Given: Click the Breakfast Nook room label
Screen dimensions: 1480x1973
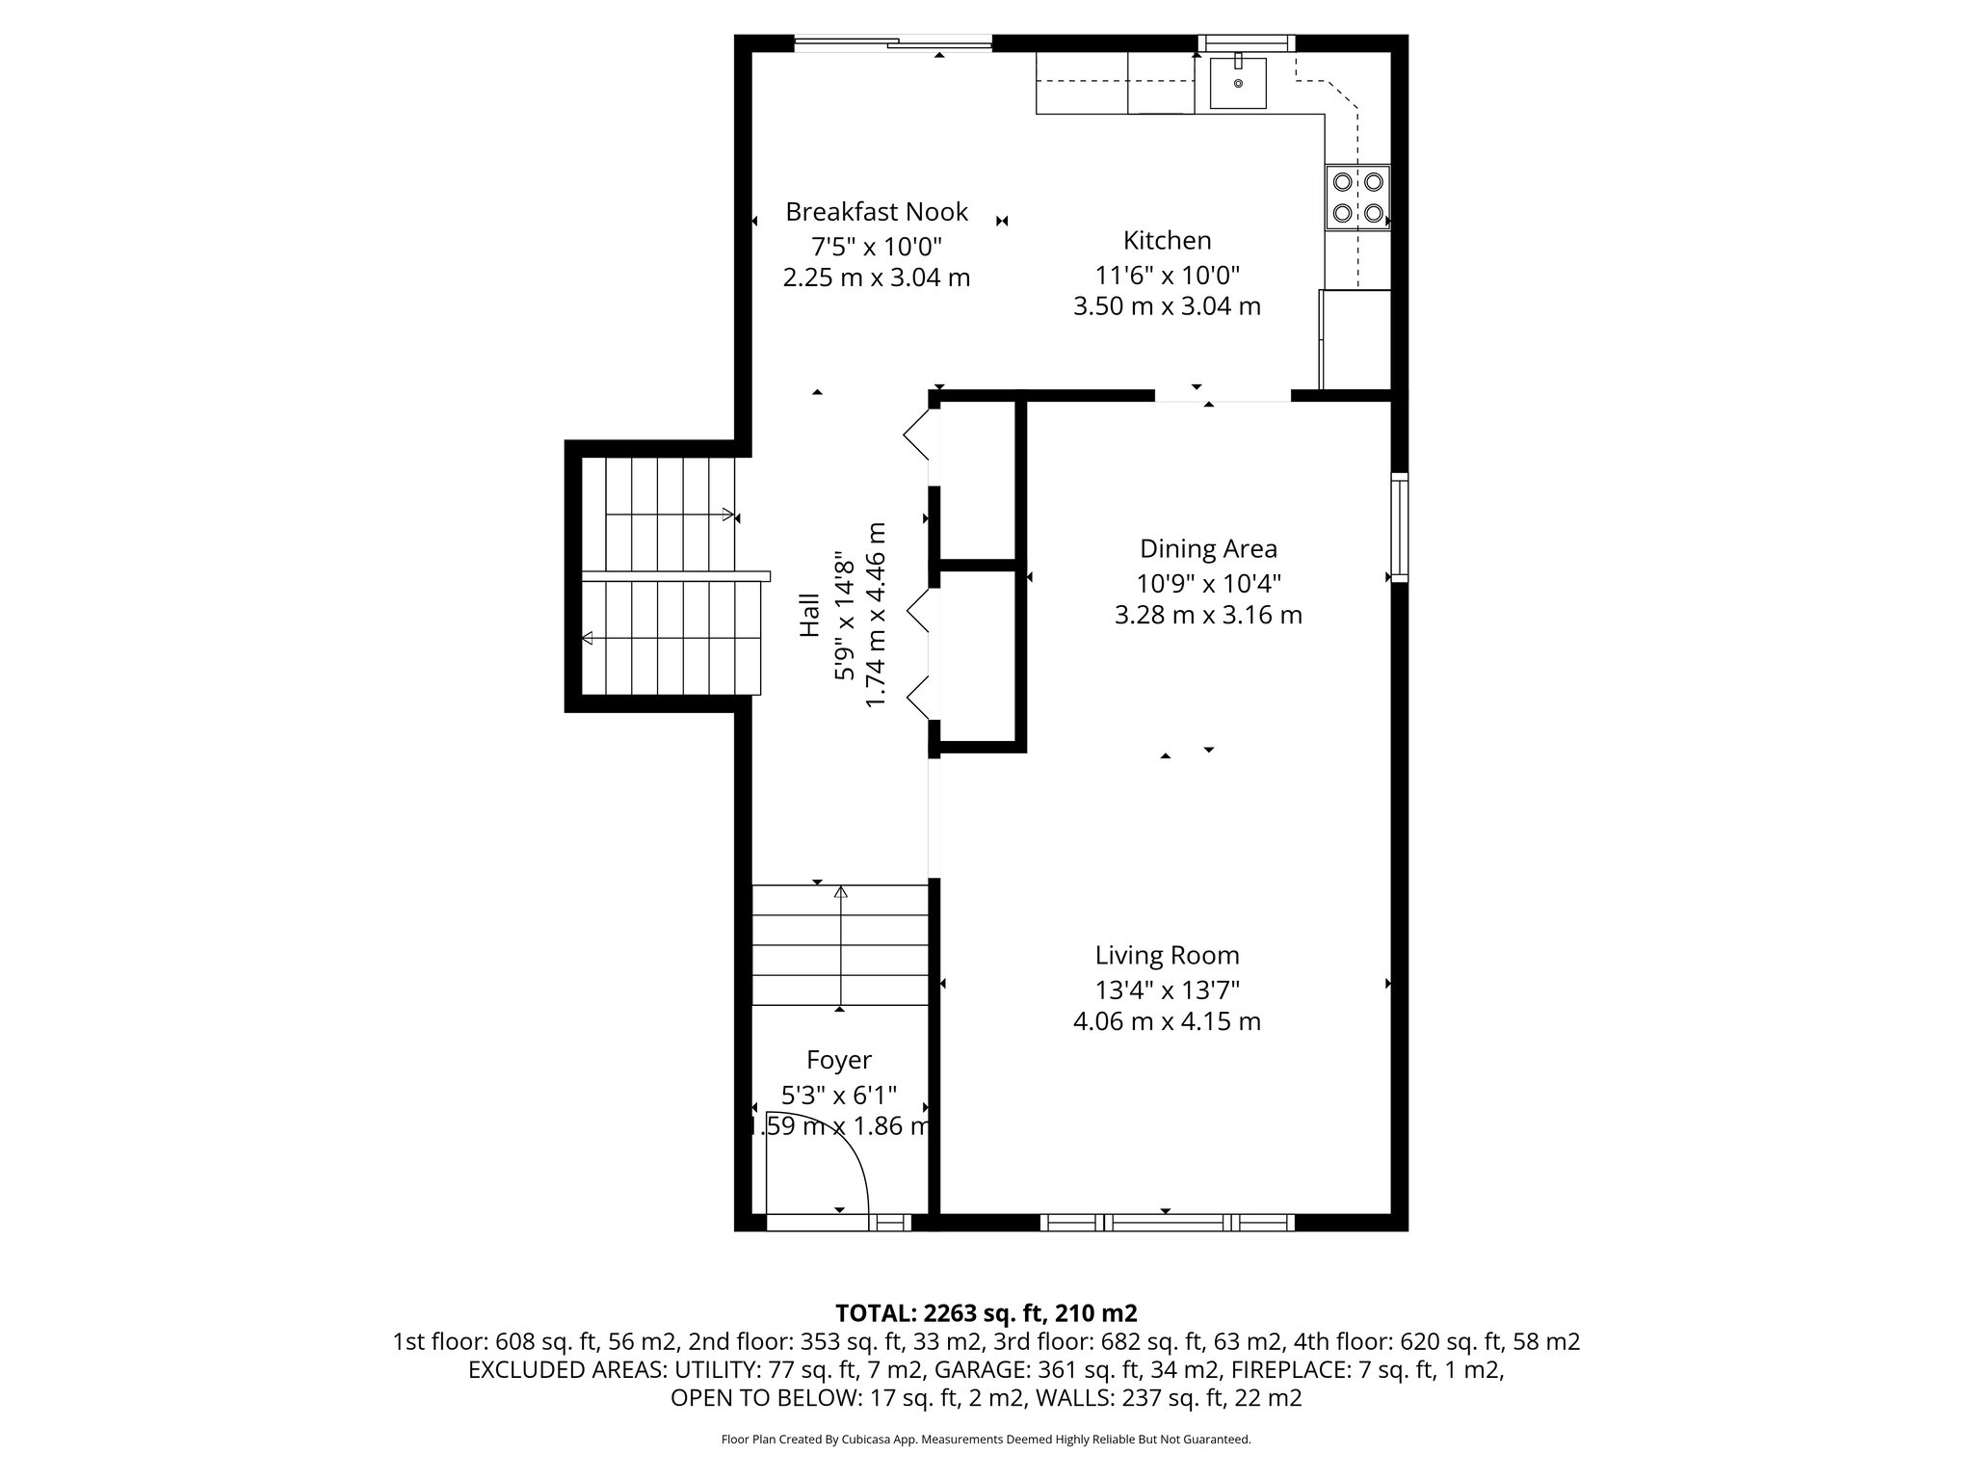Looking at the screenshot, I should (876, 212).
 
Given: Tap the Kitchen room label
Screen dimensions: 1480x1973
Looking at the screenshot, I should (1167, 241).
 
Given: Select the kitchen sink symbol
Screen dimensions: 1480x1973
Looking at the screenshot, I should (1237, 83).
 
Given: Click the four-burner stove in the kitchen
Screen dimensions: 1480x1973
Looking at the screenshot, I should (1357, 197).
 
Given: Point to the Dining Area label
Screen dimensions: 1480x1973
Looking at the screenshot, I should (1208, 549).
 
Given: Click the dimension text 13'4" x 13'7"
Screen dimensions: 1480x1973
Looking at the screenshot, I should (1167, 990).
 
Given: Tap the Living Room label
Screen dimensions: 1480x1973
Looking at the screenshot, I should (1167, 956).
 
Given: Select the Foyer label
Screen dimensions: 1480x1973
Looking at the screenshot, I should (839, 1060).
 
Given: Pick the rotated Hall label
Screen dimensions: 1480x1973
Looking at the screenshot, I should (810, 615).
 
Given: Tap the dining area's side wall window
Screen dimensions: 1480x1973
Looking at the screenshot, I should (1399, 527).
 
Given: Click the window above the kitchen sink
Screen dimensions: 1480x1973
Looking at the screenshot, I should (1246, 42).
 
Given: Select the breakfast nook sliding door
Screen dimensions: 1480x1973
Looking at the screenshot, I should (892, 42).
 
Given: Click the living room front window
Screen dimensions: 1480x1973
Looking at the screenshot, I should (1167, 1223).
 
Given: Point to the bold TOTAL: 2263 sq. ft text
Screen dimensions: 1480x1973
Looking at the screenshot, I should (986, 1312).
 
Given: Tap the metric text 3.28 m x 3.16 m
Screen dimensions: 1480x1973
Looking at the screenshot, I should (1208, 615).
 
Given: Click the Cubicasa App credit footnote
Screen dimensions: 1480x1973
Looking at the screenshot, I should (986, 1440).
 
